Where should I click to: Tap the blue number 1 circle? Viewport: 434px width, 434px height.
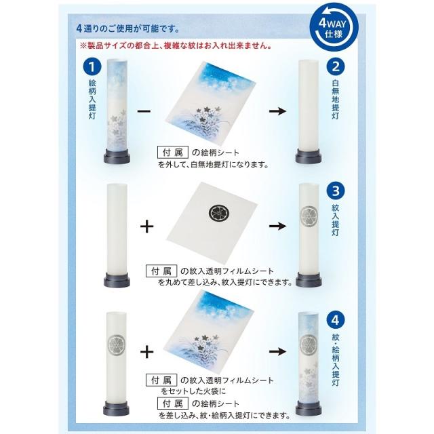tap(92, 66)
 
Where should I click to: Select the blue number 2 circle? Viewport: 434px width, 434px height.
tap(335, 66)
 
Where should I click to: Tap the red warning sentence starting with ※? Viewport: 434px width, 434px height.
tap(176, 46)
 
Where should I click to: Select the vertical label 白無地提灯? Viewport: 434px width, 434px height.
tap(335, 100)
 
